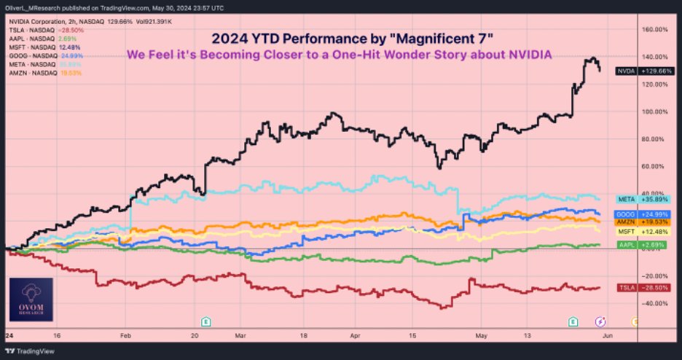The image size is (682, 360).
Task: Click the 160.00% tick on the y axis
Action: coord(656,30)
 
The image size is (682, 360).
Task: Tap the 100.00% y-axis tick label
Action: coord(656,111)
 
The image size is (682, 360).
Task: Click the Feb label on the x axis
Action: coord(125,338)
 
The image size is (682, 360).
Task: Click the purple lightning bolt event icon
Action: coord(600,321)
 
